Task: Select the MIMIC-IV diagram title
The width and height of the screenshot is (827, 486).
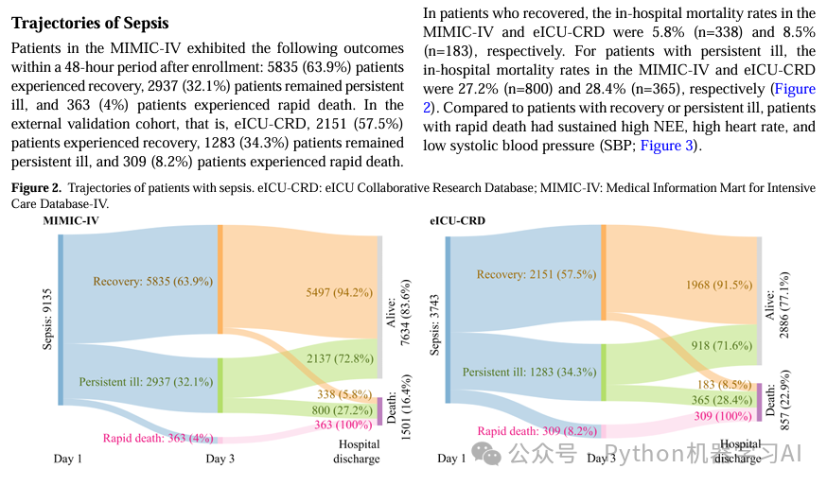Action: point(71,220)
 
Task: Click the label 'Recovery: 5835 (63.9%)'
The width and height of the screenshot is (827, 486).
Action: point(152,281)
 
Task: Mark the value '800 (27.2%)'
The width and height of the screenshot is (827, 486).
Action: point(343,410)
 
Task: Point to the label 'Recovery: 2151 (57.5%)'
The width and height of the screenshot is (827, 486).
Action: point(536,274)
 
